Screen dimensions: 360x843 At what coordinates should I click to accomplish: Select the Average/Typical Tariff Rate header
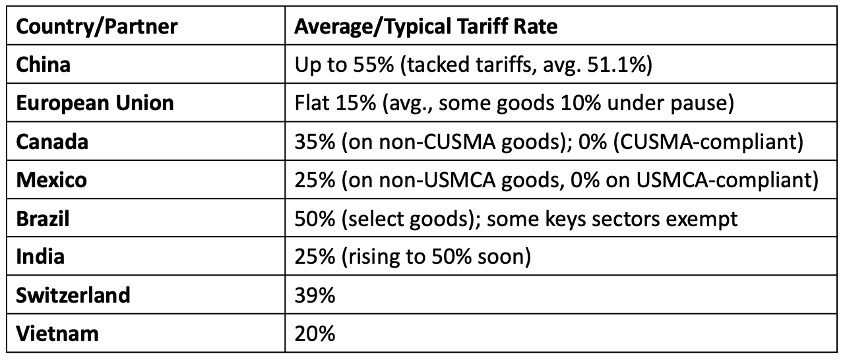point(425,26)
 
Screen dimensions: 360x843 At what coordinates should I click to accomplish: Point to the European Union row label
point(95,103)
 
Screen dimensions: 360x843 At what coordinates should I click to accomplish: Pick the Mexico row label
point(51,179)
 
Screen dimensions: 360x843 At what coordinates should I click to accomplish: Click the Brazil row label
point(43,218)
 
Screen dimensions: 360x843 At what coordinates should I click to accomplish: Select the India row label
point(40,256)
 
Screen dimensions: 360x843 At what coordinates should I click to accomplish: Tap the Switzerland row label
point(73,294)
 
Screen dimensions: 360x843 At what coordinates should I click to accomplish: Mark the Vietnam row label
point(57,332)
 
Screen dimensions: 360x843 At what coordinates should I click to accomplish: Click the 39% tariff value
point(315,295)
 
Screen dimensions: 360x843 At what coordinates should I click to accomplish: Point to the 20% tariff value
point(315,333)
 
